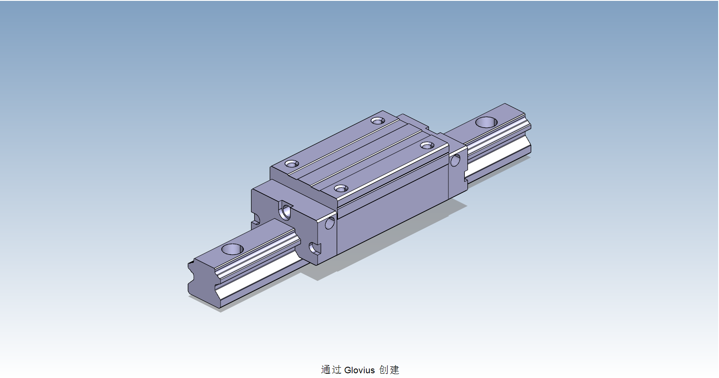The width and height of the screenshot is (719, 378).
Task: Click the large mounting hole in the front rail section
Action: (x=233, y=249)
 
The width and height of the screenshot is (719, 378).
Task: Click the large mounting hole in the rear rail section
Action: (x=486, y=122)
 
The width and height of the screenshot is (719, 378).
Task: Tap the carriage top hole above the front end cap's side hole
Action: (x=341, y=189)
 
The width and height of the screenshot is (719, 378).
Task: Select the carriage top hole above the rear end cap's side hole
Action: (x=427, y=145)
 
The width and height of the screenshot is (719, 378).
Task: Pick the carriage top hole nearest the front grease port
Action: (x=292, y=164)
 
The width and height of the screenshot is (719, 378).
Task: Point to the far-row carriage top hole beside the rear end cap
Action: (x=378, y=121)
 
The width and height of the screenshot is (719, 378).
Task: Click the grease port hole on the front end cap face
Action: (x=286, y=212)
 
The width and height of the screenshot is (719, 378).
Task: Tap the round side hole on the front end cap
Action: (x=330, y=223)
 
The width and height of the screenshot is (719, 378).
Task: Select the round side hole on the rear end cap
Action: (x=455, y=161)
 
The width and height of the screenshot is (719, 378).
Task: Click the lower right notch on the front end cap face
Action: (x=315, y=248)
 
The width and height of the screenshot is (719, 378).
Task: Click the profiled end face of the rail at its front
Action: (x=203, y=283)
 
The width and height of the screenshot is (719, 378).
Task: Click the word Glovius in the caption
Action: (x=359, y=370)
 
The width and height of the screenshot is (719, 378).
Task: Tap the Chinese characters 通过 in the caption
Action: (x=331, y=370)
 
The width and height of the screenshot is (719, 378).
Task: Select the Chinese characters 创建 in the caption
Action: (x=389, y=370)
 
